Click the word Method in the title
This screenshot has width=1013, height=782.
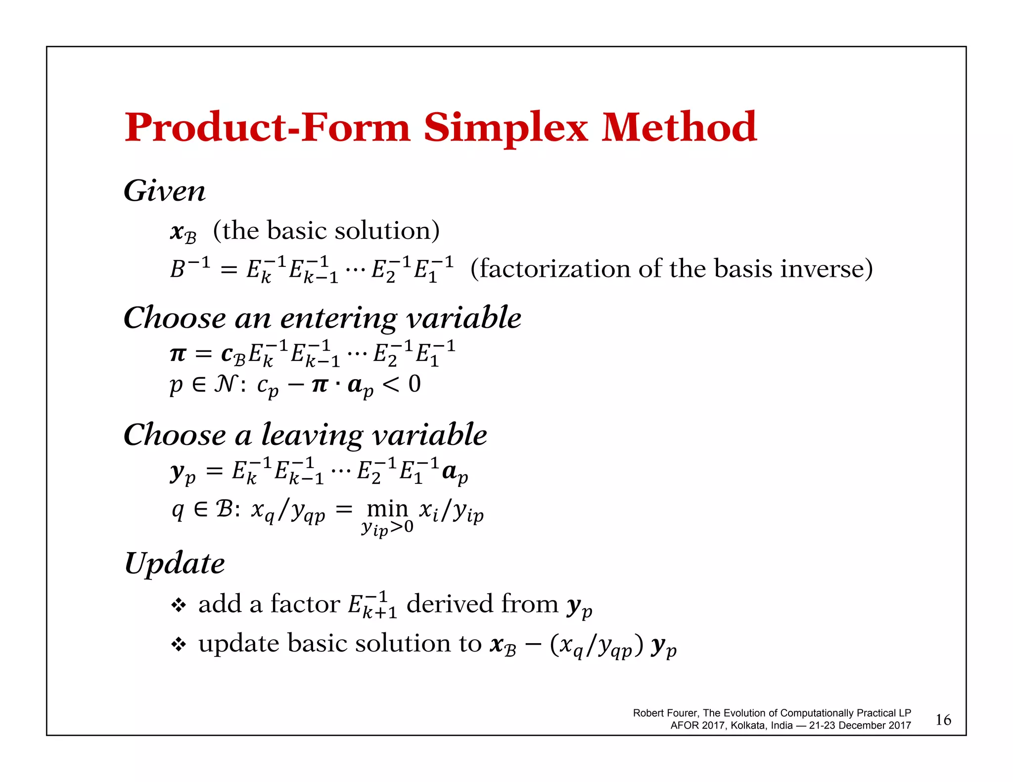(x=679, y=128)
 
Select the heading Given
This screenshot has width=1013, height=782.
(x=164, y=191)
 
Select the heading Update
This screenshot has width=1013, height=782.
(x=175, y=563)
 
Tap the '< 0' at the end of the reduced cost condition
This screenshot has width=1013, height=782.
(x=402, y=384)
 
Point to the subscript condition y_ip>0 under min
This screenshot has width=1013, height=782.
(x=387, y=528)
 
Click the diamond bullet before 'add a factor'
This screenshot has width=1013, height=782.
(x=179, y=605)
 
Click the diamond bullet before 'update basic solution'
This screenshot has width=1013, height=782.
(x=179, y=644)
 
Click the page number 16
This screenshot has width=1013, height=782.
(x=943, y=720)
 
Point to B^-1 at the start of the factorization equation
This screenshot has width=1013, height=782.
(x=190, y=268)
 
